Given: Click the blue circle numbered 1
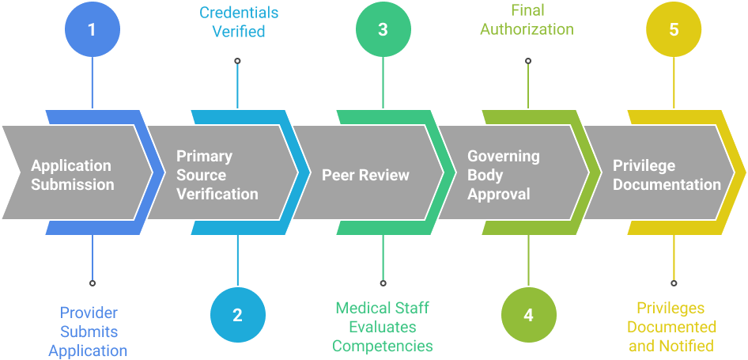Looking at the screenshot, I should [x=92, y=30].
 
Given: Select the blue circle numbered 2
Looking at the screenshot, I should [x=237, y=314].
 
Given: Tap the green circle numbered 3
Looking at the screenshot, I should [x=383, y=30].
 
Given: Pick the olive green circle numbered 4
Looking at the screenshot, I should [x=528, y=314].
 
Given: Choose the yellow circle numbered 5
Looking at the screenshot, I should [x=674, y=30].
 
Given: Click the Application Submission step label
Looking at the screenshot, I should [x=72, y=175].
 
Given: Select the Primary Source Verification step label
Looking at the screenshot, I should [x=217, y=175].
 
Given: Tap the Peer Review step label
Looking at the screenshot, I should [x=365, y=175].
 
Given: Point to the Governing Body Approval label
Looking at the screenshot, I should [x=503, y=175].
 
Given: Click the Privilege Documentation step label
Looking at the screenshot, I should [x=667, y=175].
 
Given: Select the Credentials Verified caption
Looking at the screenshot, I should [x=238, y=22].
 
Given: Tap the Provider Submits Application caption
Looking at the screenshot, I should [x=88, y=332].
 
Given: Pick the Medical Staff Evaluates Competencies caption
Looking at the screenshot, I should [x=383, y=327].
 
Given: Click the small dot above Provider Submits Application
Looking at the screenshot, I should [x=93, y=282].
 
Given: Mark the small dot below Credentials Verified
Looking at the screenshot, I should [x=238, y=60].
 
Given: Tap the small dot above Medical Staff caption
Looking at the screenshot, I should [x=383, y=282].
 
